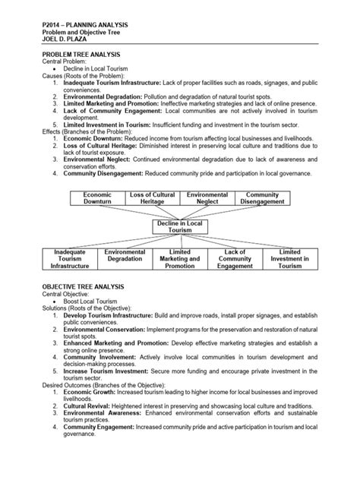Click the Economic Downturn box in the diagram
[x=98, y=200]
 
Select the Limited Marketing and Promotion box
[x=180, y=259]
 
